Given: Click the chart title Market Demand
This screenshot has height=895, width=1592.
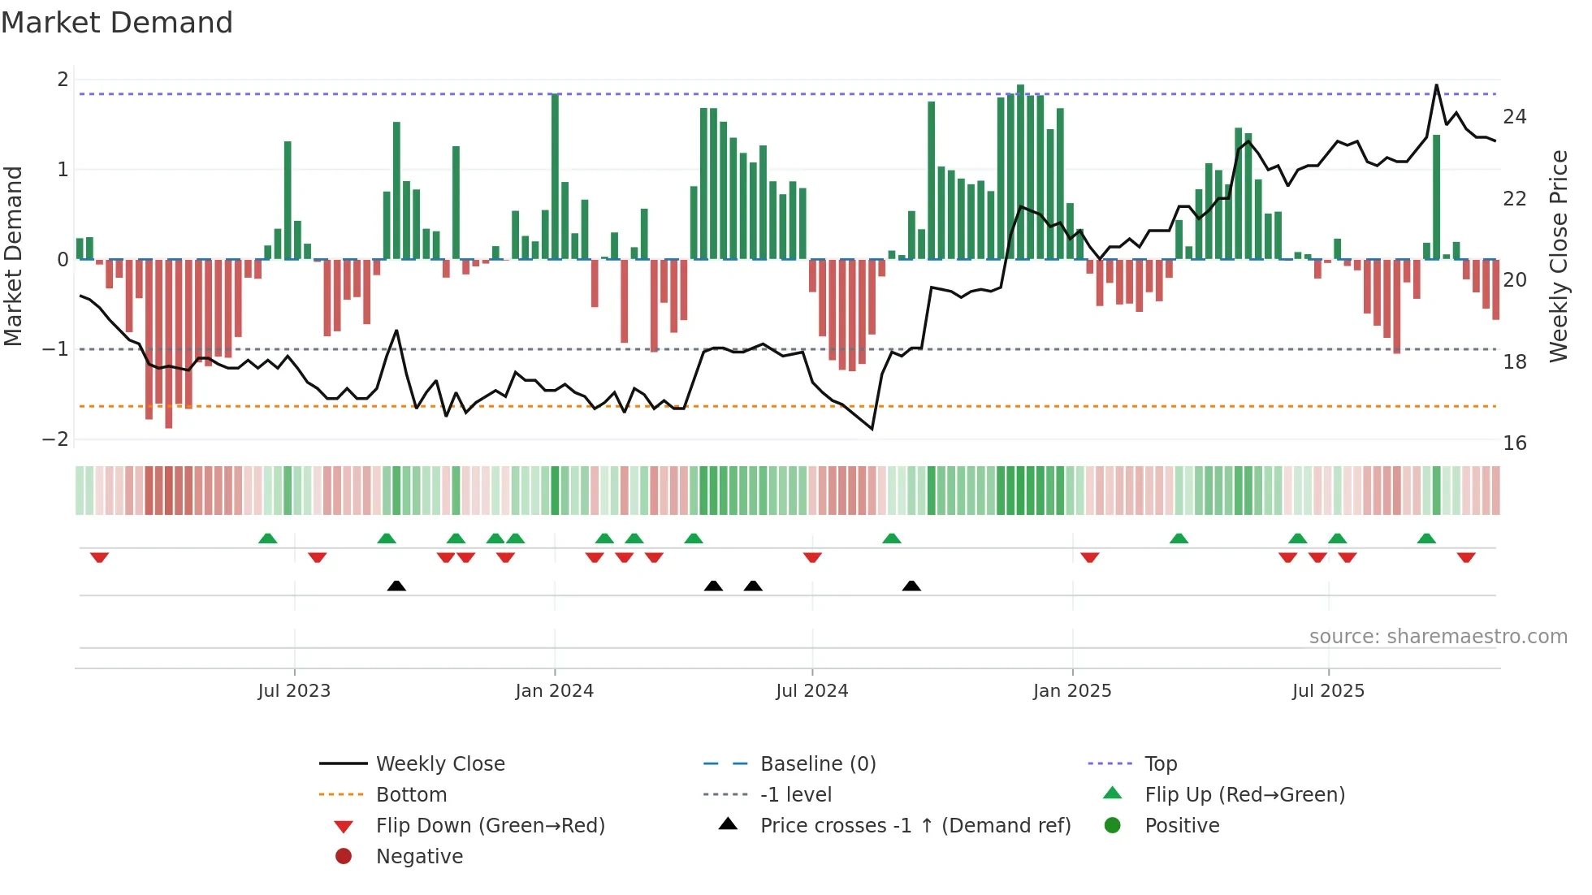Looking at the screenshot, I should click(117, 23).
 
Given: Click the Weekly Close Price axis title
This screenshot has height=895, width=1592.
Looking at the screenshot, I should click(1558, 256).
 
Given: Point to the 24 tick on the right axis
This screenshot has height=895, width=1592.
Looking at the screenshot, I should click(1514, 117).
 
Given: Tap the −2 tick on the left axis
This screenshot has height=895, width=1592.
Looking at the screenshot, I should click(55, 439).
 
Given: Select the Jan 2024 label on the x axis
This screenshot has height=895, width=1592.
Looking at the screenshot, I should click(554, 691).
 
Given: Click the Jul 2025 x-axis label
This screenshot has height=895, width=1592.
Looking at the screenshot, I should click(1328, 691).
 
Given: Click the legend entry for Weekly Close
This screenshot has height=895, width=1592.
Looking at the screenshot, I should click(439, 764).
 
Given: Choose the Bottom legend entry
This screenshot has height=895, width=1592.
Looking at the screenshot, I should click(411, 795).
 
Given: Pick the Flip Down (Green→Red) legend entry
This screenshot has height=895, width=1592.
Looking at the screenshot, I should click(490, 826).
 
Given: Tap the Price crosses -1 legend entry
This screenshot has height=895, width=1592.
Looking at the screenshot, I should click(915, 826).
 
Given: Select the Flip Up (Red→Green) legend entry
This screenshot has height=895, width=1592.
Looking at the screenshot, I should click(1244, 795).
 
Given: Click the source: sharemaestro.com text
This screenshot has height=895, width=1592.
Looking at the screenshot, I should click(1438, 637).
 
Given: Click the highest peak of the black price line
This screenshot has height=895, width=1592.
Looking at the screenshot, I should click(1436, 85).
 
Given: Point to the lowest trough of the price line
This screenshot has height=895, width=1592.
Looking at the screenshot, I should click(872, 428).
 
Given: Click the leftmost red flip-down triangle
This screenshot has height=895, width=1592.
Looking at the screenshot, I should click(99, 557).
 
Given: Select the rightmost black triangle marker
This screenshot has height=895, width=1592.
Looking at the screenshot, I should click(911, 586).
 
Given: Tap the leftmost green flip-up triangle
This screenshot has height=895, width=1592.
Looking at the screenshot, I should click(267, 538).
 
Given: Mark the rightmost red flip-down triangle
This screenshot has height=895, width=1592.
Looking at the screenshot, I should click(1466, 557).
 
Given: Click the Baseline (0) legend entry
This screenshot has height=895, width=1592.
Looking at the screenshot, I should click(817, 764).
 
